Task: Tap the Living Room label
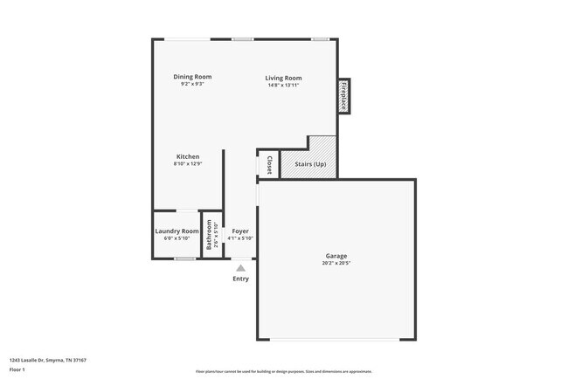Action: pos(283,79)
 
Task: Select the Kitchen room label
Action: pos(188,156)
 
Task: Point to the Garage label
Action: pos(336,256)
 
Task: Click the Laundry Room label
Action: pos(177,231)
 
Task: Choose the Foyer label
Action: pos(240,231)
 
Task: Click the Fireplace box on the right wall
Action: pos(344,95)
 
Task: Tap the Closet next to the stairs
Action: pos(268,165)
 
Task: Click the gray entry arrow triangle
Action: pos(240,267)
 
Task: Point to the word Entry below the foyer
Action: pos(240,279)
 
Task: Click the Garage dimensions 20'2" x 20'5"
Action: pos(336,263)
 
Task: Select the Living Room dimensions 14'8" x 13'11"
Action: pos(283,86)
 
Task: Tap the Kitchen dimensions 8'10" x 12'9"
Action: pos(188,164)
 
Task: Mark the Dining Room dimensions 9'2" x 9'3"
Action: pos(191,85)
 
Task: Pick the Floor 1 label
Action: pos(17,369)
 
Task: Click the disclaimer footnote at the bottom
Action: pos(283,370)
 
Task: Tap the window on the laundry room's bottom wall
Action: pos(184,258)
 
